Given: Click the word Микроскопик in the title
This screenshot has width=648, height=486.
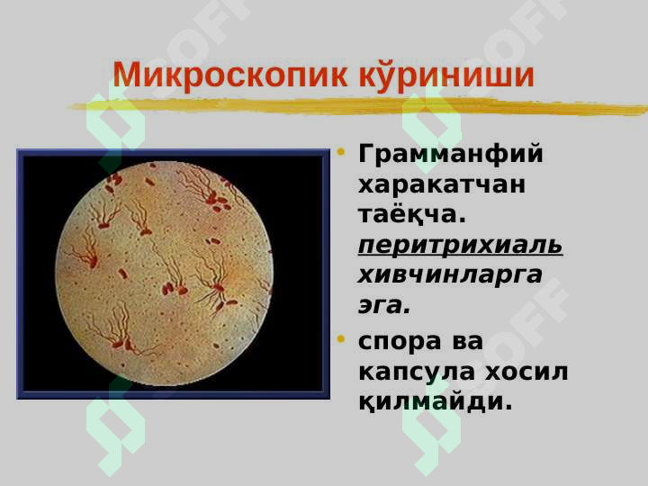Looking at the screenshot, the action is tap(230, 75).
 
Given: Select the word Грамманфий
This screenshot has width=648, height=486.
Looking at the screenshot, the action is tap(451, 155).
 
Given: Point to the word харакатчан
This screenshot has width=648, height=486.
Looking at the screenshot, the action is tap(442, 184).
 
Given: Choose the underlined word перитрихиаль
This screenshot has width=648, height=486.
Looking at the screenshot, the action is tap(461, 246).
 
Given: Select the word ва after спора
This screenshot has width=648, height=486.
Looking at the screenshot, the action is tap(468, 342).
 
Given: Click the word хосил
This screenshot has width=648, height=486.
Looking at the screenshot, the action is tap(526, 372).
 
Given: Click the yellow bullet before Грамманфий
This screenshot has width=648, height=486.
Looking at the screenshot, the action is tap(341, 152).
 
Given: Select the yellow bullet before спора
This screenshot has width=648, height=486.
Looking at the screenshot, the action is tap(341, 339).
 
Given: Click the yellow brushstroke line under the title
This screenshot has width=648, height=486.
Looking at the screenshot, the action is tap(358, 106).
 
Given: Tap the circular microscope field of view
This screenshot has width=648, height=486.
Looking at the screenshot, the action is tap(165, 274).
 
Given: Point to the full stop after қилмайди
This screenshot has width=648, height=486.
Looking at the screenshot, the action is tap(508, 407).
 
